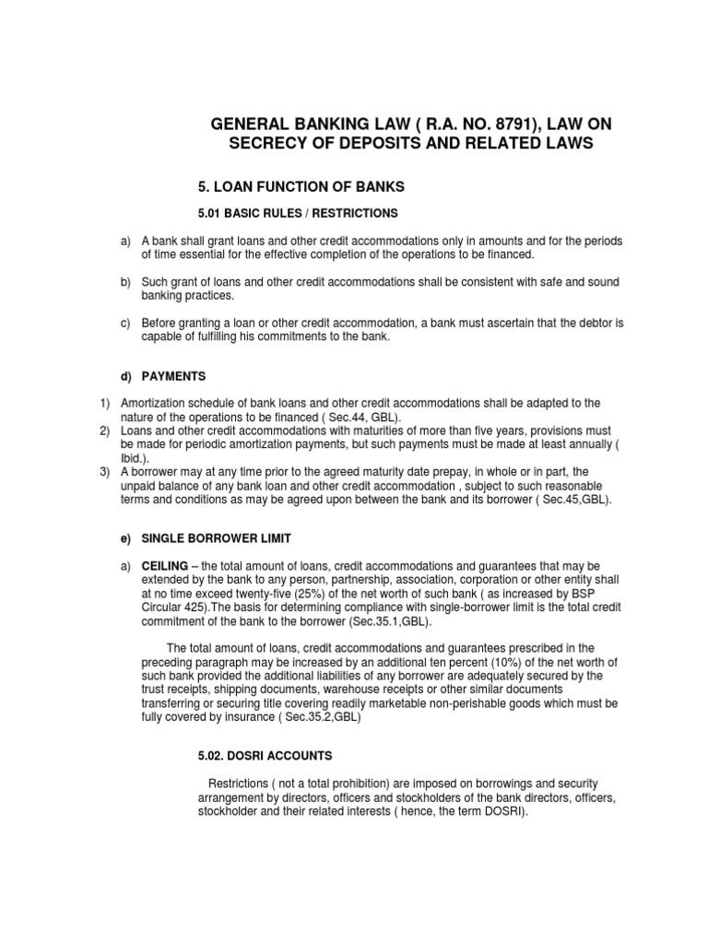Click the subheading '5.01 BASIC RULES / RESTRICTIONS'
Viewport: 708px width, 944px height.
point(298,214)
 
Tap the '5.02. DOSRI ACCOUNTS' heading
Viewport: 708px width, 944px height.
point(265,755)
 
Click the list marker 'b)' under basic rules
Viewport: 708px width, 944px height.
point(126,281)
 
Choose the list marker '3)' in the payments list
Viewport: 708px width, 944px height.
point(105,471)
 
